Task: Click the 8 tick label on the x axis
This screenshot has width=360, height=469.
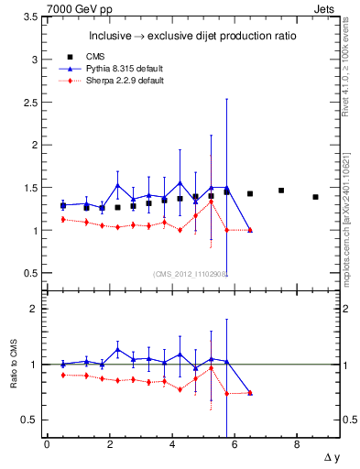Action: click(x=297, y=444)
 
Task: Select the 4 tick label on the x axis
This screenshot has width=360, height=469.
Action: click(x=171, y=444)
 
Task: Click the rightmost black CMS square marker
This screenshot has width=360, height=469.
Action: click(x=315, y=197)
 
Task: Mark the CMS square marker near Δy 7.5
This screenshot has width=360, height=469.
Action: click(x=281, y=191)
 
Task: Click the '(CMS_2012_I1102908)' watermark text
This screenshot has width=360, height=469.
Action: click(x=189, y=274)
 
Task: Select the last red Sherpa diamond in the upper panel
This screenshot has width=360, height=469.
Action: click(x=250, y=230)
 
